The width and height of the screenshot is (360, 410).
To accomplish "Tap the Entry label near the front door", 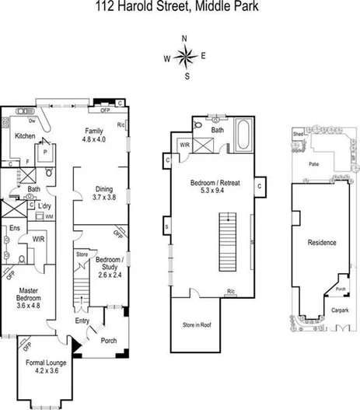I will click(82, 321).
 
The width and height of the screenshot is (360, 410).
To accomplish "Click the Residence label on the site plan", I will click(322, 243).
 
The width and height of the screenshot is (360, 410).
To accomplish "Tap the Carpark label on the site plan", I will click(340, 310).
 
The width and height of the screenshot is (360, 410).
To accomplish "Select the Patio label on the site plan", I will click(314, 164).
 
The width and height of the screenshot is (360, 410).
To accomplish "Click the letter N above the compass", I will click(184, 38).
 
